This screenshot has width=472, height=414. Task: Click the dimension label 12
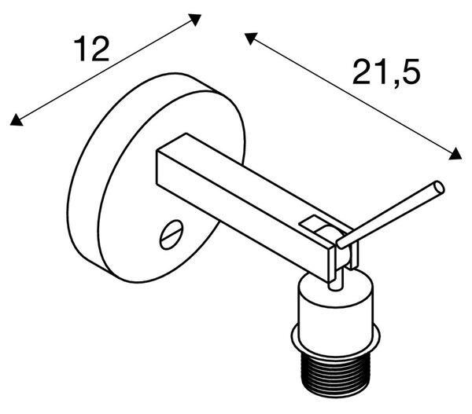click(x=91, y=49)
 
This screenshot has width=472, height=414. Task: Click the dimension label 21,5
click(x=386, y=72)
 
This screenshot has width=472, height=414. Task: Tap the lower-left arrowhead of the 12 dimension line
click(x=16, y=120)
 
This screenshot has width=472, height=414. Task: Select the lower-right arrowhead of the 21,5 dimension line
click(x=456, y=154)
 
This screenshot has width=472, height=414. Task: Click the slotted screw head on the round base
click(x=171, y=235)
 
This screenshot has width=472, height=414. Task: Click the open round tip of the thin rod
click(x=440, y=188)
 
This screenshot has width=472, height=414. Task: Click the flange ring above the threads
click(x=336, y=339)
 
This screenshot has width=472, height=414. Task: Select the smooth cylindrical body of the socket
click(x=336, y=310)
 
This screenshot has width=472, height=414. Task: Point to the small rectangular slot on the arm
click(x=311, y=222)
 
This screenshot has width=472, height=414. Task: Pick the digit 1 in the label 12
click(x=81, y=49)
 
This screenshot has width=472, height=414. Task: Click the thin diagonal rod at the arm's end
click(x=390, y=214)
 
